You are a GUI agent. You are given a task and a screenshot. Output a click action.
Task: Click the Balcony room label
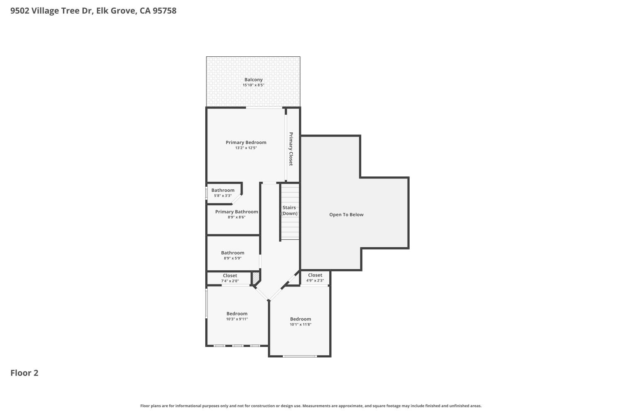click(x=253, y=79)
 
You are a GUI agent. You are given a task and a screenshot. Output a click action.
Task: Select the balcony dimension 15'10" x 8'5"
click(x=253, y=85)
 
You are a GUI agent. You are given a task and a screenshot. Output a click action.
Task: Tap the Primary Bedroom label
click(x=246, y=142)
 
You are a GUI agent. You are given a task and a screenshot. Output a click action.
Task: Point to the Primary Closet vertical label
click(x=291, y=149)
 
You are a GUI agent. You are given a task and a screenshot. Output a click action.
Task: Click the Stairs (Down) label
click(x=289, y=210)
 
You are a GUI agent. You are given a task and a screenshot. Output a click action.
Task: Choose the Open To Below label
click(x=346, y=214)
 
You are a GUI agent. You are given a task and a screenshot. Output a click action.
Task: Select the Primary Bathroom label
click(x=236, y=212)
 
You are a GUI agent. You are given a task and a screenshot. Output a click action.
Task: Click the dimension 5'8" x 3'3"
click(x=223, y=196)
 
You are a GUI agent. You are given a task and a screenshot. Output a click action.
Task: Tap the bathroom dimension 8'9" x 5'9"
click(x=232, y=258)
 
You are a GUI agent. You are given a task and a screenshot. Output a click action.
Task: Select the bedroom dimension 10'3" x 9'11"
click(x=237, y=319)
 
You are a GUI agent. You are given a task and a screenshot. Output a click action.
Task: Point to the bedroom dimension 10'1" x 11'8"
click(x=300, y=325)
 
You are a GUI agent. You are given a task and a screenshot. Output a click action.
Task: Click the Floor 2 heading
click(x=24, y=373)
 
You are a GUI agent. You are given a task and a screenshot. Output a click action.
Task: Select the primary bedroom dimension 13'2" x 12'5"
click(x=246, y=148)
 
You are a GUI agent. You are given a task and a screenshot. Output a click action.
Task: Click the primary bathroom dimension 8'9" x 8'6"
click(x=236, y=217)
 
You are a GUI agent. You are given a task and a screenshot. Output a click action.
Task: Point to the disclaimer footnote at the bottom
click(x=311, y=406)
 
